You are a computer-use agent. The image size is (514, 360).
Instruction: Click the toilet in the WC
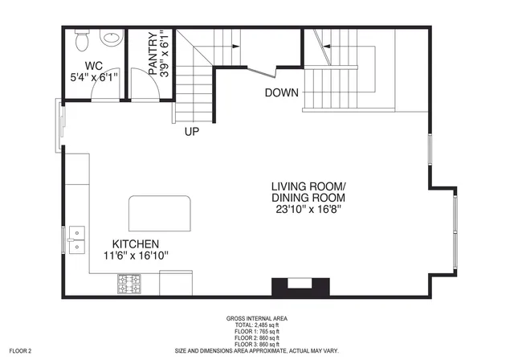tap(81, 39)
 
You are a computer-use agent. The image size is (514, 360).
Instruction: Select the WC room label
tap(94, 65)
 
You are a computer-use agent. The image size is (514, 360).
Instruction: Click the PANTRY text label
tap(153, 54)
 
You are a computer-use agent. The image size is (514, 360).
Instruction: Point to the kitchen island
tap(160, 213)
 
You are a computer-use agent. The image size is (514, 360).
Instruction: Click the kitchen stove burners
tap(129, 284)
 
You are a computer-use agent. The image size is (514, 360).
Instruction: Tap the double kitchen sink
tap(76, 239)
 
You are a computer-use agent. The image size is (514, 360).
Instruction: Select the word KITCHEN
tap(135, 243)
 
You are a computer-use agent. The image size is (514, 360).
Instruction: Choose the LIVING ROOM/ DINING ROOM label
tap(308, 191)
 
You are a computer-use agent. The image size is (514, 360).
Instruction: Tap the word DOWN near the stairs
tap(282, 92)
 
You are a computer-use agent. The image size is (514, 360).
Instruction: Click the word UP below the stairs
tap(191, 131)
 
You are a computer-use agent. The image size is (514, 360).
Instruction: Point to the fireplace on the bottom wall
tap(300, 286)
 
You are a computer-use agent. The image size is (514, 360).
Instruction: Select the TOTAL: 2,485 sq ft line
tap(257, 325)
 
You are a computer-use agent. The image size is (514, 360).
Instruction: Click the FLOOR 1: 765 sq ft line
tap(257, 331)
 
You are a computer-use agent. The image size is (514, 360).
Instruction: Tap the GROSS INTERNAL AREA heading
tap(257, 318)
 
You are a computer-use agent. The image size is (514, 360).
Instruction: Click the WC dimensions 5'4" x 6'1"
tap(94, 78)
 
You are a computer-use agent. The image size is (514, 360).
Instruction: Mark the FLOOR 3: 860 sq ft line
tap(257, 344)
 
